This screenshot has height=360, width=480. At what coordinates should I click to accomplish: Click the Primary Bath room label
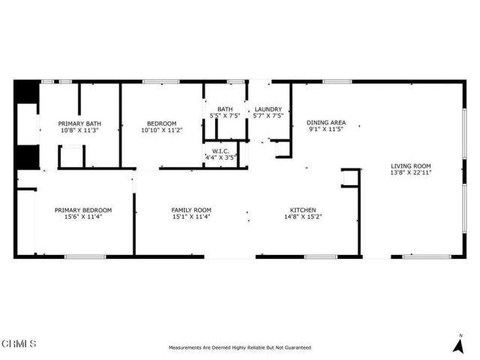pos(79,124)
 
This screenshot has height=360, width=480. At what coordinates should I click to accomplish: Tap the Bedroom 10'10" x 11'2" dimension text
pos(161,130)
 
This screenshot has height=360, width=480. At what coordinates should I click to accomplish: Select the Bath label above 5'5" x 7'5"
pos(225,109)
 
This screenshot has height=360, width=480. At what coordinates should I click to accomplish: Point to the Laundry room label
pos(268,109)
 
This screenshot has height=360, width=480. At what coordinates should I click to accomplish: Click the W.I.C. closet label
pos(220,151)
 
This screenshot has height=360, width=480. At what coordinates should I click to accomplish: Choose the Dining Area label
pos(326,122)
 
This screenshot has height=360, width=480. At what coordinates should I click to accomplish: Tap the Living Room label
pos(411,166)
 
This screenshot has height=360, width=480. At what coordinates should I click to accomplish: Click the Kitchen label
pos(303,210)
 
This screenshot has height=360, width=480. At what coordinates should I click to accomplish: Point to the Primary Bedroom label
pos(83,210)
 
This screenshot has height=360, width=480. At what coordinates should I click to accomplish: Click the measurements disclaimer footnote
pos(240,348)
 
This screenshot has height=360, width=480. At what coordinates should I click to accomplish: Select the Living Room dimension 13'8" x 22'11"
pos(411,172)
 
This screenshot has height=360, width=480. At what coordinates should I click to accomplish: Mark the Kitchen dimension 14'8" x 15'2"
pos(303,217)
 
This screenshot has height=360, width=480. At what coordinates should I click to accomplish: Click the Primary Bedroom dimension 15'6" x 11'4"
pos(83,217)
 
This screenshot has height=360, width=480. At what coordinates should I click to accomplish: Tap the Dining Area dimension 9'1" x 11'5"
pos(326,130)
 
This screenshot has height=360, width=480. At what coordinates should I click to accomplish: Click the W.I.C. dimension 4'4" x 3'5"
pos(220,158)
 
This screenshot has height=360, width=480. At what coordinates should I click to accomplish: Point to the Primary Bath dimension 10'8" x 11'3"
pos(79,130)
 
